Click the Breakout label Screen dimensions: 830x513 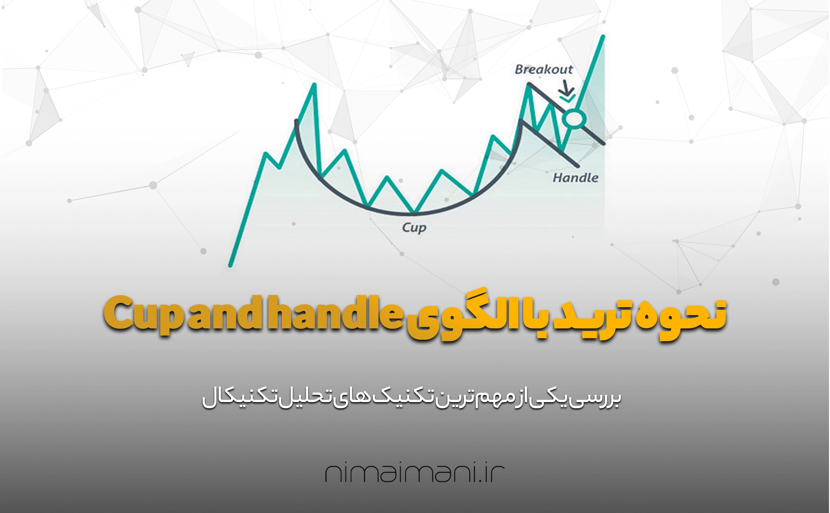pyautogui.click(x=544, y=69)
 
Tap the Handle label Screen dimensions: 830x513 pyautogui.click(x=576, y=178)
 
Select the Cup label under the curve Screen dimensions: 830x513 pyautogui.click(x=414, y=228)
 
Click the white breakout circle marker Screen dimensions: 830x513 pyautogui.click(x=574, y=119)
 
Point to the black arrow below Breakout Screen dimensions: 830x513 pyautogui.click(x=566, y=89)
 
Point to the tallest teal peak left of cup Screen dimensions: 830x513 pyautogui.click(x=314, y=84)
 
